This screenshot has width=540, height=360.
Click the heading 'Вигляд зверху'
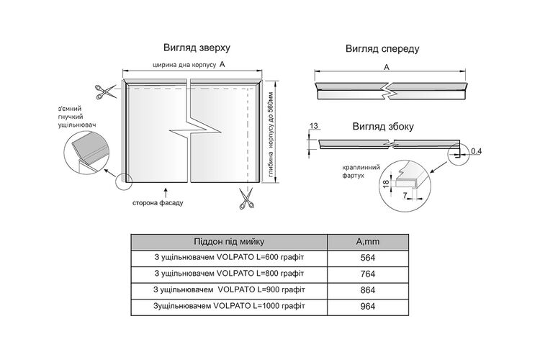pyautogui.click(x=197, y=48)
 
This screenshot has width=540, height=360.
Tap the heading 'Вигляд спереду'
pyautogui.click(x=382, y=49)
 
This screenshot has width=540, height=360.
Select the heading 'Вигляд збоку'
pyautogui.click(x=383, y=127)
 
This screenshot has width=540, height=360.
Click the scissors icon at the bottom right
pyautogui.click(x=246, y=199)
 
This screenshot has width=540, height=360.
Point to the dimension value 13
pyautogui.click(x=314, y=126)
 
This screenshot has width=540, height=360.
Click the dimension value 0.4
pyautogui.click(x=477, y=151)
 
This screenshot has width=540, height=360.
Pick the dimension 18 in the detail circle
pyautogui.click(x=386, y=183)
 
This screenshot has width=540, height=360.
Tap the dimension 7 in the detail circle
pyautogui.click(x=405, y=195)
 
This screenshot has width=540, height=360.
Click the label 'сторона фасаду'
pyautogui.click(x=158, y=203)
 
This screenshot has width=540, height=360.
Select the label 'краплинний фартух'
pyautogui.click(x=361, y=171)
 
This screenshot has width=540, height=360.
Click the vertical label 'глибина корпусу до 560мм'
pyautogui.click(x=271, y=135)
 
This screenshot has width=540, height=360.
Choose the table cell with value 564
pyautogui.click(x=368, y=258)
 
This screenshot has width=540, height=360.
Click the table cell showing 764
pyautogui.click(x=368, y=274)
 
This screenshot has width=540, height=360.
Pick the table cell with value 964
pyautogui.click(x=368, y=307)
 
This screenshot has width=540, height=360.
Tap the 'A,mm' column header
pyautogui.click(x=368, y=242)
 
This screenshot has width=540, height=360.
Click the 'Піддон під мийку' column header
pyautogui.click(x=229, y=242)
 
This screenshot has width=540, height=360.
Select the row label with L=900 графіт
pyautogui.click(x=229, y=290)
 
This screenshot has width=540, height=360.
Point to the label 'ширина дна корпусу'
pyautogui.click(x=184, y=65)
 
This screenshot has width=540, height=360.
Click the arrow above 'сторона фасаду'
pyautogui.click(x=166, y=192)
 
